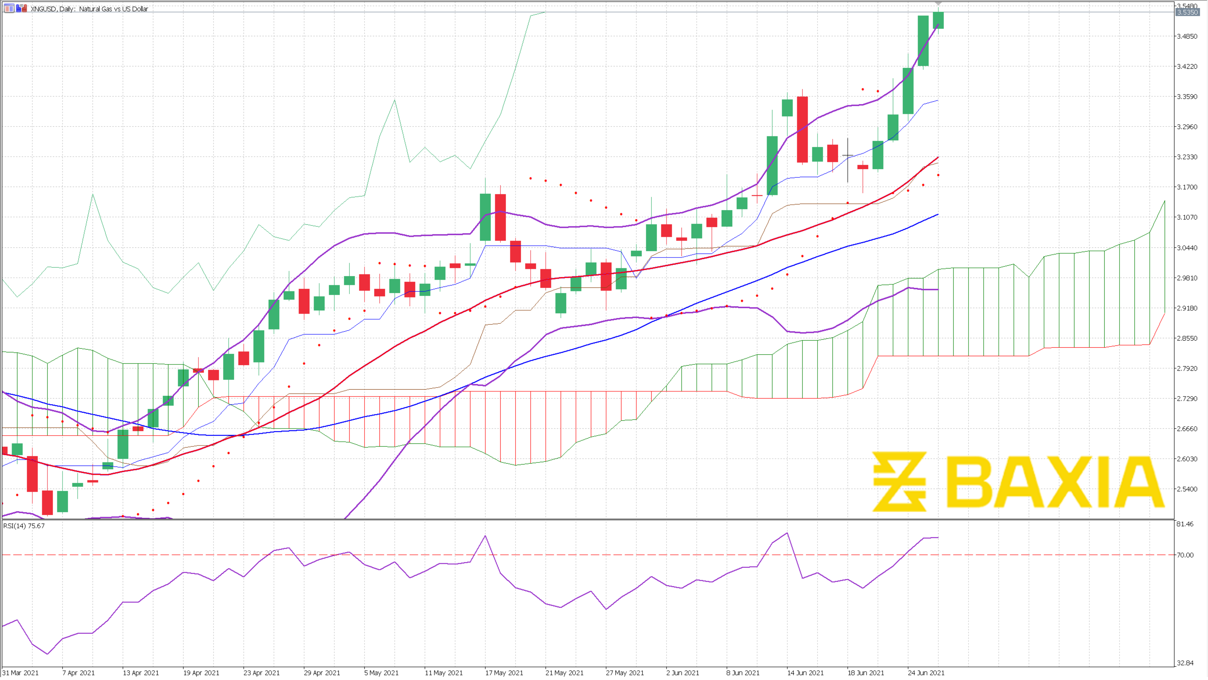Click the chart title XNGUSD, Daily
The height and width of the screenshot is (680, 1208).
[89, 8]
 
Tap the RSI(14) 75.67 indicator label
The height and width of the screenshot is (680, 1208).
[24, 526]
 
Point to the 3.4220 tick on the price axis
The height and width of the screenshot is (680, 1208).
[1186, 66]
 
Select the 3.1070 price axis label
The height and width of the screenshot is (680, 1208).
[1186, 217]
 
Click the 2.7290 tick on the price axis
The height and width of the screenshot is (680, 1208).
[1186, 398]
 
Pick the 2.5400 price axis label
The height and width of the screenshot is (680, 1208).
[1186, 489]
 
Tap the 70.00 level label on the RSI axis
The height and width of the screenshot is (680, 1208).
[1185, 555]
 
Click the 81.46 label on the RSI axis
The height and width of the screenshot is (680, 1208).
[1185, 524]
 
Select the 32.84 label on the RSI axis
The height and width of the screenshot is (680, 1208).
[1185, 663]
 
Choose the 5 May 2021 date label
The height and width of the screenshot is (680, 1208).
[381, 672]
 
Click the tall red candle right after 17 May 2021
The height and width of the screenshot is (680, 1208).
[500, 217]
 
